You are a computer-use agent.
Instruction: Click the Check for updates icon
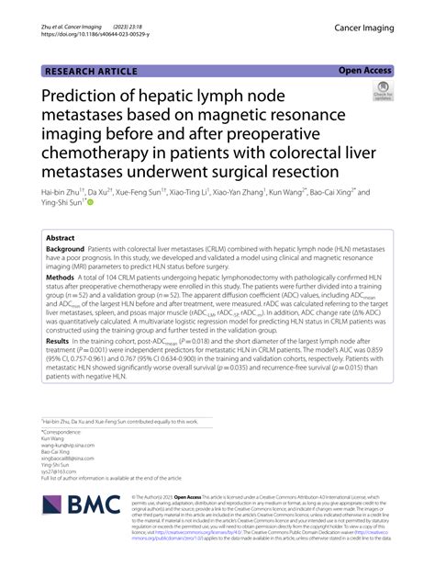click(381, 91)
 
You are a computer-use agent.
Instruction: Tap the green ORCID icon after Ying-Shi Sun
click(90, 204)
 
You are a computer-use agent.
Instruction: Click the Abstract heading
click(61, 237)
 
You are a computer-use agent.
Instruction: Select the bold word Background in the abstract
click(68, 250)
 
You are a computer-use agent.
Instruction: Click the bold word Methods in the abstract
click(61, 277)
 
